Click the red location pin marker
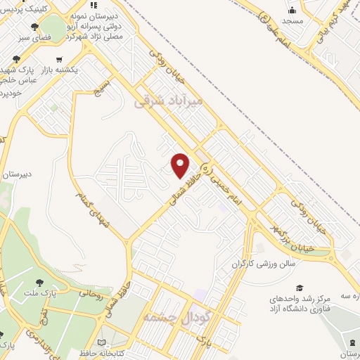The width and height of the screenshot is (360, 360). [x=181, y=165]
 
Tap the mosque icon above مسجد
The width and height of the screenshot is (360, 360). [x=292, y=10]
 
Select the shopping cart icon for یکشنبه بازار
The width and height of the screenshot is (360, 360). [x=60, y=60]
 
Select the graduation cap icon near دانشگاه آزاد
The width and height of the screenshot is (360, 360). [x=300, y=288]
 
